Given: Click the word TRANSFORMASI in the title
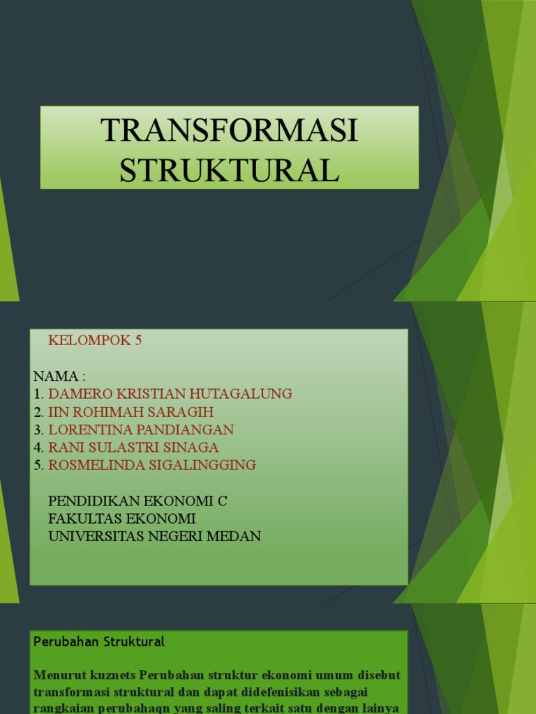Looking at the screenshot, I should tap(229, 131).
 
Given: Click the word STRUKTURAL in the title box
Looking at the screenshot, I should tap(229, 170).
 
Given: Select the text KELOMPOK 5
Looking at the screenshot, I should tap(95, 340).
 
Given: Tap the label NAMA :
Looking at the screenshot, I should tap(59, 377).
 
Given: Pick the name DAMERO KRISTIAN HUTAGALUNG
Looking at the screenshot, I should tap(170, 394).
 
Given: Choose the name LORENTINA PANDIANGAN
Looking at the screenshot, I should tap(141, 430).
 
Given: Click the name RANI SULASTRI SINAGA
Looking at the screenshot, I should tap(133, 448).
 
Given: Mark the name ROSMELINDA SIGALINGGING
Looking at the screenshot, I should tap(152, 465).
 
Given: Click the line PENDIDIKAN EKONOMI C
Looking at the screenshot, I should tap(138, 501).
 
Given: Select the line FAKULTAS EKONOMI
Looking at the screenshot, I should tap(122, 519).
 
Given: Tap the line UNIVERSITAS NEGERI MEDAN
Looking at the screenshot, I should tap(154, 537).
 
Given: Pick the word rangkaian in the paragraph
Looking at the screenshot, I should tap(62, 706).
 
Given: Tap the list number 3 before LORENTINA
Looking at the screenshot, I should tap(38, 430).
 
